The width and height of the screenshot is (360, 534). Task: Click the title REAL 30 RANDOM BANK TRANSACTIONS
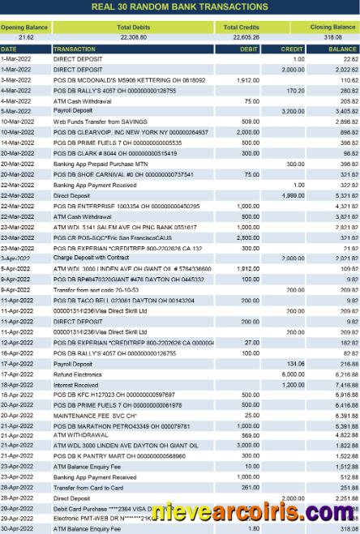pos(179,6)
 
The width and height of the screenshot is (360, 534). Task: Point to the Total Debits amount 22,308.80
pos(132,37)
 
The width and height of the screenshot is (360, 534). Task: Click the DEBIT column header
pos(250,49)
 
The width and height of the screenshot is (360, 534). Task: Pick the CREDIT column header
pos(292,49)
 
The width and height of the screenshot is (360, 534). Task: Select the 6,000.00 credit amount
pos(292,375)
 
